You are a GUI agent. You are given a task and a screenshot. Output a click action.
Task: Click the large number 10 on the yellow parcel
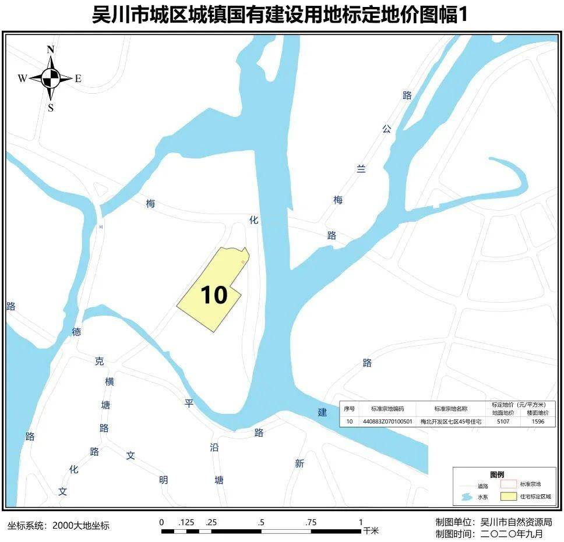tap(214, 295)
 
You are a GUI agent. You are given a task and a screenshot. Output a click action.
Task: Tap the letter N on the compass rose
tap(51, 49)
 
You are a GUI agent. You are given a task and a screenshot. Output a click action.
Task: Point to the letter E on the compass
tap(78, 79)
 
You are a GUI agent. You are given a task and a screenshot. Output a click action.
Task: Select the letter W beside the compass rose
tap(22, 79)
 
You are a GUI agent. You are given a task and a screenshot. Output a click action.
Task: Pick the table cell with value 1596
tap(538, 421)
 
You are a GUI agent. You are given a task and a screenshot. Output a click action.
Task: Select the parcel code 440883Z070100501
tap(387, 421)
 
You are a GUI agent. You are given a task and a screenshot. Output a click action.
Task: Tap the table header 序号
tap(349, 409)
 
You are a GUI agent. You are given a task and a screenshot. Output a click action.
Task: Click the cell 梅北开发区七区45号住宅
tap(451, 421)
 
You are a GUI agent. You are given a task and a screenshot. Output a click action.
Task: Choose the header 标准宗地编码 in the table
tap(387, 409)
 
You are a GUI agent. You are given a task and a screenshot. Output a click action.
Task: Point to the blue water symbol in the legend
tap(466, 497)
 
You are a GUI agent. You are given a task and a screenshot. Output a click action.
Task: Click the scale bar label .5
tap(260, 522)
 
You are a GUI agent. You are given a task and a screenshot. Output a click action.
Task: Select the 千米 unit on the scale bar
tap(371, 531)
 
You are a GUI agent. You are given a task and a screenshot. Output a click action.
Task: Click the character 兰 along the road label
tap(361, 169)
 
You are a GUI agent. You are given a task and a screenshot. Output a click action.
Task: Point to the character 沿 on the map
tap(214, 448)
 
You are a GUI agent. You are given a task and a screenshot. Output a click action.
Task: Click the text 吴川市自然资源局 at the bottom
tap(516, 522)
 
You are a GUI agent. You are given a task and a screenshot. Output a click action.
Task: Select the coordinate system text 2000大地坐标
tap(80, 526)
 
